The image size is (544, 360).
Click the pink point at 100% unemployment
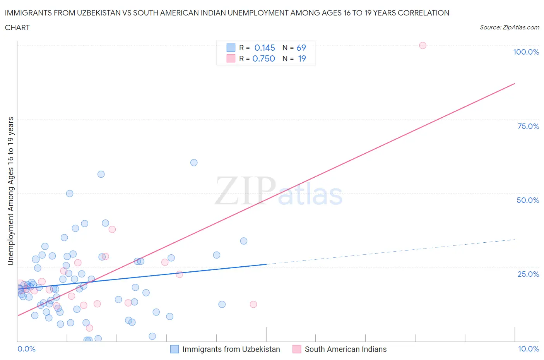coord(423,45)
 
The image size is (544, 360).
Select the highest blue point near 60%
coord(194,163)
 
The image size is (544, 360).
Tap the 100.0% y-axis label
coord(526,52)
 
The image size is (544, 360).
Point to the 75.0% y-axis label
coord(528,126)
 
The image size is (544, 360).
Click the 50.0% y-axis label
coord(528,200)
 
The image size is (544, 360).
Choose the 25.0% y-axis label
coord(528,274)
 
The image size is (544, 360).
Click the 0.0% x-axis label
coord(26,349)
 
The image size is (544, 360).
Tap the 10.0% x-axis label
coord(528,349)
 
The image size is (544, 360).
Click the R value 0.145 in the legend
coord(265,48)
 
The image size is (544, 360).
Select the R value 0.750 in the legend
coord(263,58)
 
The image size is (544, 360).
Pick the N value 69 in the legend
coord(301,48)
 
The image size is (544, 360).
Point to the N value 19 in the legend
coord(302,58)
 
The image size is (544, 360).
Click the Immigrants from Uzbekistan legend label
coord(231,349)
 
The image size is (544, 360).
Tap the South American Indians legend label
coord(346,349)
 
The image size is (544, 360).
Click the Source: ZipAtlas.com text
coord(509,27)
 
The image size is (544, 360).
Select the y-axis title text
coord(10,191)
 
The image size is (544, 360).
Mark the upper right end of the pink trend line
coord(515,83)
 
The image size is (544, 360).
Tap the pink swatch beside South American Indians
coord(297,349)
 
